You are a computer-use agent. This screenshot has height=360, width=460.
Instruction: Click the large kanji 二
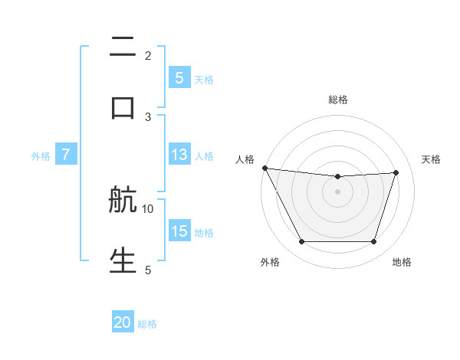click(x=123, y=48)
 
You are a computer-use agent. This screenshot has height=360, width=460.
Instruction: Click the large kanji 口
click(x=123, y=107)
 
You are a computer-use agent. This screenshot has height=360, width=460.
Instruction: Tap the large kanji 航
click(x=123, y=201)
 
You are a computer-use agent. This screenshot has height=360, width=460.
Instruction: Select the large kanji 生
click(x=123, y=260)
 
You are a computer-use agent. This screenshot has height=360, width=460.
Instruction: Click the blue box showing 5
click(x=179, y=77)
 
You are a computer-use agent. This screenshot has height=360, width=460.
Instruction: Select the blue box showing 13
click(x=179, y=155)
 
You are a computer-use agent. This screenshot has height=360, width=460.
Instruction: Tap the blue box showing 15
click(x=179, y=231)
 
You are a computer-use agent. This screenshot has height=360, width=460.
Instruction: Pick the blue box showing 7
click(x=66, y=155)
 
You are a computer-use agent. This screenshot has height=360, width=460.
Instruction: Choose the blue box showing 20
click(x=123, y=322)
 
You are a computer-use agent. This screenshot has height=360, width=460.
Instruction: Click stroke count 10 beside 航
click(x=148, y=208)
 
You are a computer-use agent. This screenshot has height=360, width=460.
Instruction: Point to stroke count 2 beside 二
click(x=148, y=55)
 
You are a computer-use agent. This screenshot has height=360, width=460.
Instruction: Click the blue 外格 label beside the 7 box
click(x=41, y=155)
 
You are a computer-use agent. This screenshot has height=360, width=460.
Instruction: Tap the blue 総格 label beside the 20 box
click(x=147, y=324)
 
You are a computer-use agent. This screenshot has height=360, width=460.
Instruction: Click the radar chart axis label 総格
click(x=337, y=100)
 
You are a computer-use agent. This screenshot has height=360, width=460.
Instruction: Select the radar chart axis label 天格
click(x=432, y=159)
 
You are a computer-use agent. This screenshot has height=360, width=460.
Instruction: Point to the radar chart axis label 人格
click(x=245, y=159)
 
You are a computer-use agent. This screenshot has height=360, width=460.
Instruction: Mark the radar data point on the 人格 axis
click(x=264, y=168)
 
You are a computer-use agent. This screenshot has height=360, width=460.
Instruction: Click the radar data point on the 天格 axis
click(x=396, y=172)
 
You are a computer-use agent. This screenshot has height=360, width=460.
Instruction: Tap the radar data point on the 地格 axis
click(x=373, y=242)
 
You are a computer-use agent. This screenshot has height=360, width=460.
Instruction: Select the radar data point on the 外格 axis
click(x=301, y=242)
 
